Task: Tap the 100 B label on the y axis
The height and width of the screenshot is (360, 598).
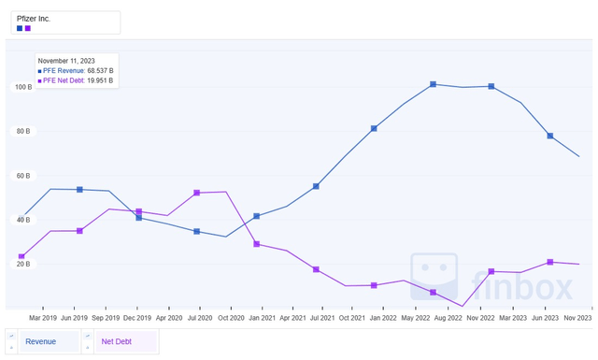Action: pos(21,87)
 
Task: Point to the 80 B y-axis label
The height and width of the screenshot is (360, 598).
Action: pos(21,131)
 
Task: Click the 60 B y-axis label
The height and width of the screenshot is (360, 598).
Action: pos(21,176)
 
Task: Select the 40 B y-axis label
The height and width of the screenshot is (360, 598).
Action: pos(21,220)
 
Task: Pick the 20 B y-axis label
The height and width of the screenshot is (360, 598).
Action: pos(21,264)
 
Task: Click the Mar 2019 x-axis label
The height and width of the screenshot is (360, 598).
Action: pos(43,318)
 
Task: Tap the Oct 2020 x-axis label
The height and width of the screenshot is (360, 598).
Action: pos(231,318)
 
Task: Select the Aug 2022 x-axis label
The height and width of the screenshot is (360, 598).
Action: pos(448,318)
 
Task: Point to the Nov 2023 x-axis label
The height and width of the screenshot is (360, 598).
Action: pos(577,318)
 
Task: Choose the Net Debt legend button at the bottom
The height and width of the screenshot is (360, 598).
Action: pos(117,341)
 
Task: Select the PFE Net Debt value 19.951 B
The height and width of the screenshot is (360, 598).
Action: pos(100,80)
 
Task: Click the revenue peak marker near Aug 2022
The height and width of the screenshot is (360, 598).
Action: pos(434,84)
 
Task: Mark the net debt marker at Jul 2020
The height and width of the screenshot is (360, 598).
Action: pos(197,193)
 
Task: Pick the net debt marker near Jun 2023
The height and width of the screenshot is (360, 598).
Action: pos(550,262)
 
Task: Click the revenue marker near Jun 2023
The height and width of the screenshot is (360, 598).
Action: pos(550,136)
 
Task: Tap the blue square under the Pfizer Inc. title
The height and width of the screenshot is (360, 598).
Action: pos(20,28)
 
